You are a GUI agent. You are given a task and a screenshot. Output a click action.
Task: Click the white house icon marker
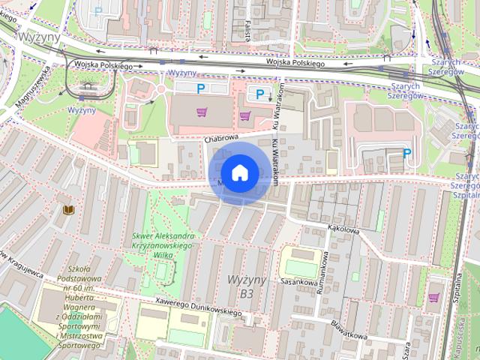(x=239, y=173)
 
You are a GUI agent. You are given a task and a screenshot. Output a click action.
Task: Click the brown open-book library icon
(x=68, y=211)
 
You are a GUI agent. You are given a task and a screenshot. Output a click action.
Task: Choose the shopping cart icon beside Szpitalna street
(x=433, y=298)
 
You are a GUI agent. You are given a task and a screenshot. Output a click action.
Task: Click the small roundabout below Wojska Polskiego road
(x=160, y=91)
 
